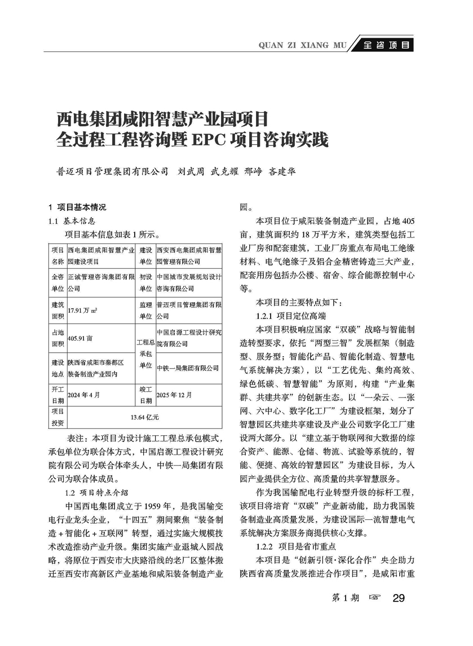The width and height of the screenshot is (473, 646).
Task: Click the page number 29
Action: click(x=399, y=598)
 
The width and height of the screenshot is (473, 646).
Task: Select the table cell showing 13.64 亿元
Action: click(x=144, y=417)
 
